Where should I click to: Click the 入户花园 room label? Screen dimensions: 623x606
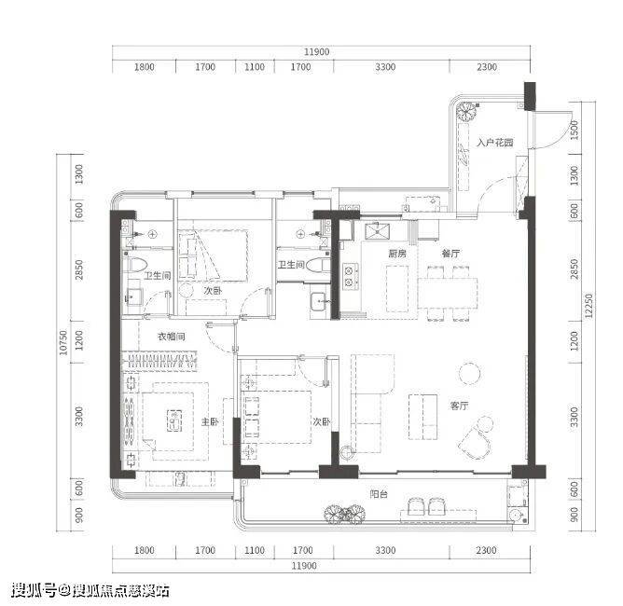click(x=495, y=142)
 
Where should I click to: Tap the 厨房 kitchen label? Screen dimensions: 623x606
click(x=397, y=254)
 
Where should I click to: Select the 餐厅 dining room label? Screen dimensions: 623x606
click(x=450, y=254)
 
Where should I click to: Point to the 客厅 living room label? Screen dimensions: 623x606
click(x=459, y=406)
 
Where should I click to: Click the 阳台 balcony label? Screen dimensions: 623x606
click(x=379, y=494)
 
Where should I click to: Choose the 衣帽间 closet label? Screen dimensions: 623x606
click(x=172, y=337)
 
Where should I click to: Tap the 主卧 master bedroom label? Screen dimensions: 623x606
click(x=210, y=421)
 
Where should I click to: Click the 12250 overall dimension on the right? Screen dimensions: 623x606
click(x=588, y=306)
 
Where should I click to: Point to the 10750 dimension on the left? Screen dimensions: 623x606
click(x=63, y=343)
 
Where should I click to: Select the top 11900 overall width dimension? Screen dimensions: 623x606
click(x=317, y=51)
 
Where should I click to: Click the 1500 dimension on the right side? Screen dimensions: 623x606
click(x=575, y=130)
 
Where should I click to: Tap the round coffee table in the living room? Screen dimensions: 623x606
click(x=470, y=373)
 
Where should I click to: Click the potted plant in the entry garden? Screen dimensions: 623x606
click(x=466, y=112)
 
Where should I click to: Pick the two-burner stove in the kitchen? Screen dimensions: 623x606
click(x=350, y=276)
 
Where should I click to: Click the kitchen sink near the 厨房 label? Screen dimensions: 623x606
click(x=377, y=230)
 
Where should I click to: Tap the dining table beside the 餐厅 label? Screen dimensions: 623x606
click(x=447, y=292)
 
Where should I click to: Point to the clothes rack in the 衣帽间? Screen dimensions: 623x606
click(x=159, y=362)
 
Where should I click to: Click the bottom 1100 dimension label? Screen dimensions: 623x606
click(x=255, y=550)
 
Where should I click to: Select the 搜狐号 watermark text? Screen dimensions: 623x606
click(x=34, y=590)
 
